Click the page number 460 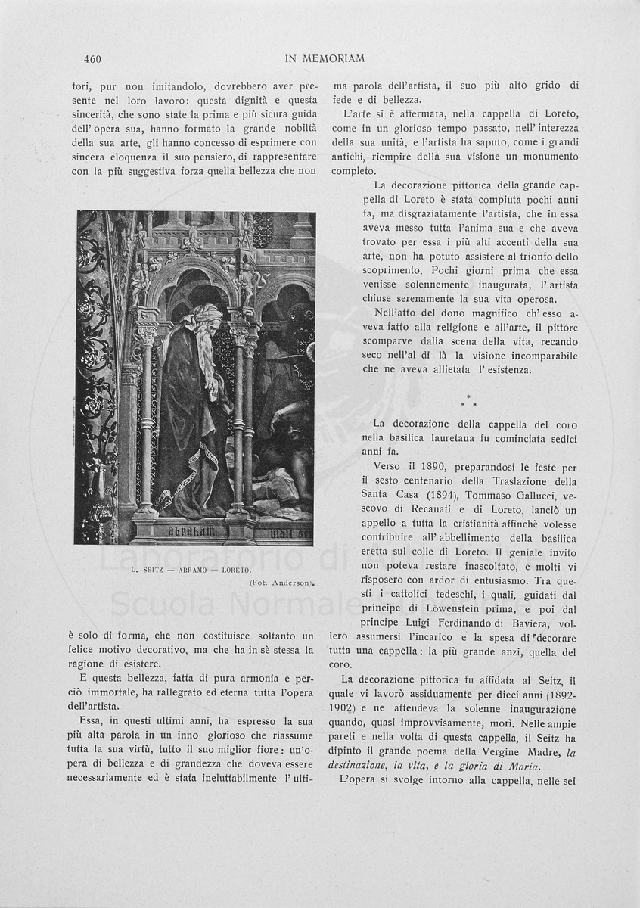click(93, 59)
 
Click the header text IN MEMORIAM click(325, 59)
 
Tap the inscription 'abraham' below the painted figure click(186, 531)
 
